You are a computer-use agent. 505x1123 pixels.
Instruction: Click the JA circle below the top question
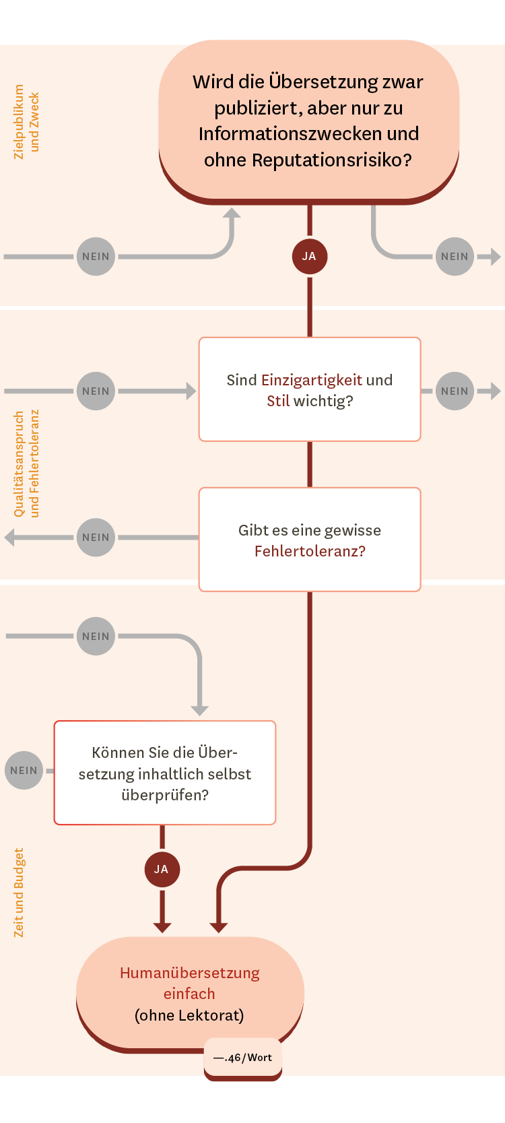309,256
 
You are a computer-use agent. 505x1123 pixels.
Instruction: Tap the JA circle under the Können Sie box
162,869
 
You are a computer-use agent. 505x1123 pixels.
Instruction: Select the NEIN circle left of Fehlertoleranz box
96,537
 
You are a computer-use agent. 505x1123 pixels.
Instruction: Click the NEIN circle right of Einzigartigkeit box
454,391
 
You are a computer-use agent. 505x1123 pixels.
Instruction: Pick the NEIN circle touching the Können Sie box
24,770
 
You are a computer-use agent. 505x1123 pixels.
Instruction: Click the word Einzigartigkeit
311,380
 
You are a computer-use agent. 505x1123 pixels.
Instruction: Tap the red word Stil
278,401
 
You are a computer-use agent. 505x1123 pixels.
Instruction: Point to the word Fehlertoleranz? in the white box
310,551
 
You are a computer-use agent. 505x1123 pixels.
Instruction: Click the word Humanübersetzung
190,973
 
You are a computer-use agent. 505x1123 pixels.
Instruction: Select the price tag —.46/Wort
243,1058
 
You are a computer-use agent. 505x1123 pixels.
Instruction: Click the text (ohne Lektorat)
189,1015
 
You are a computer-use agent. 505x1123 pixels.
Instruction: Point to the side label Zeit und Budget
19,892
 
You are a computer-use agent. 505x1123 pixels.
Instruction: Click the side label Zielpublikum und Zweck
26,121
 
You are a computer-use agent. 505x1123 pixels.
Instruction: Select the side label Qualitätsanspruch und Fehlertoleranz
26,463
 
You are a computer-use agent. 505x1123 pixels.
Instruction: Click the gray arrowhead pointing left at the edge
9,537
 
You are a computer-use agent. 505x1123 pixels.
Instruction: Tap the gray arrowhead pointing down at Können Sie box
199,711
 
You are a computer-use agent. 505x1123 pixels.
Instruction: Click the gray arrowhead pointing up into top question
232,213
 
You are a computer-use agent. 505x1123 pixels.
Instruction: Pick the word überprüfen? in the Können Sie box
165,795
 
